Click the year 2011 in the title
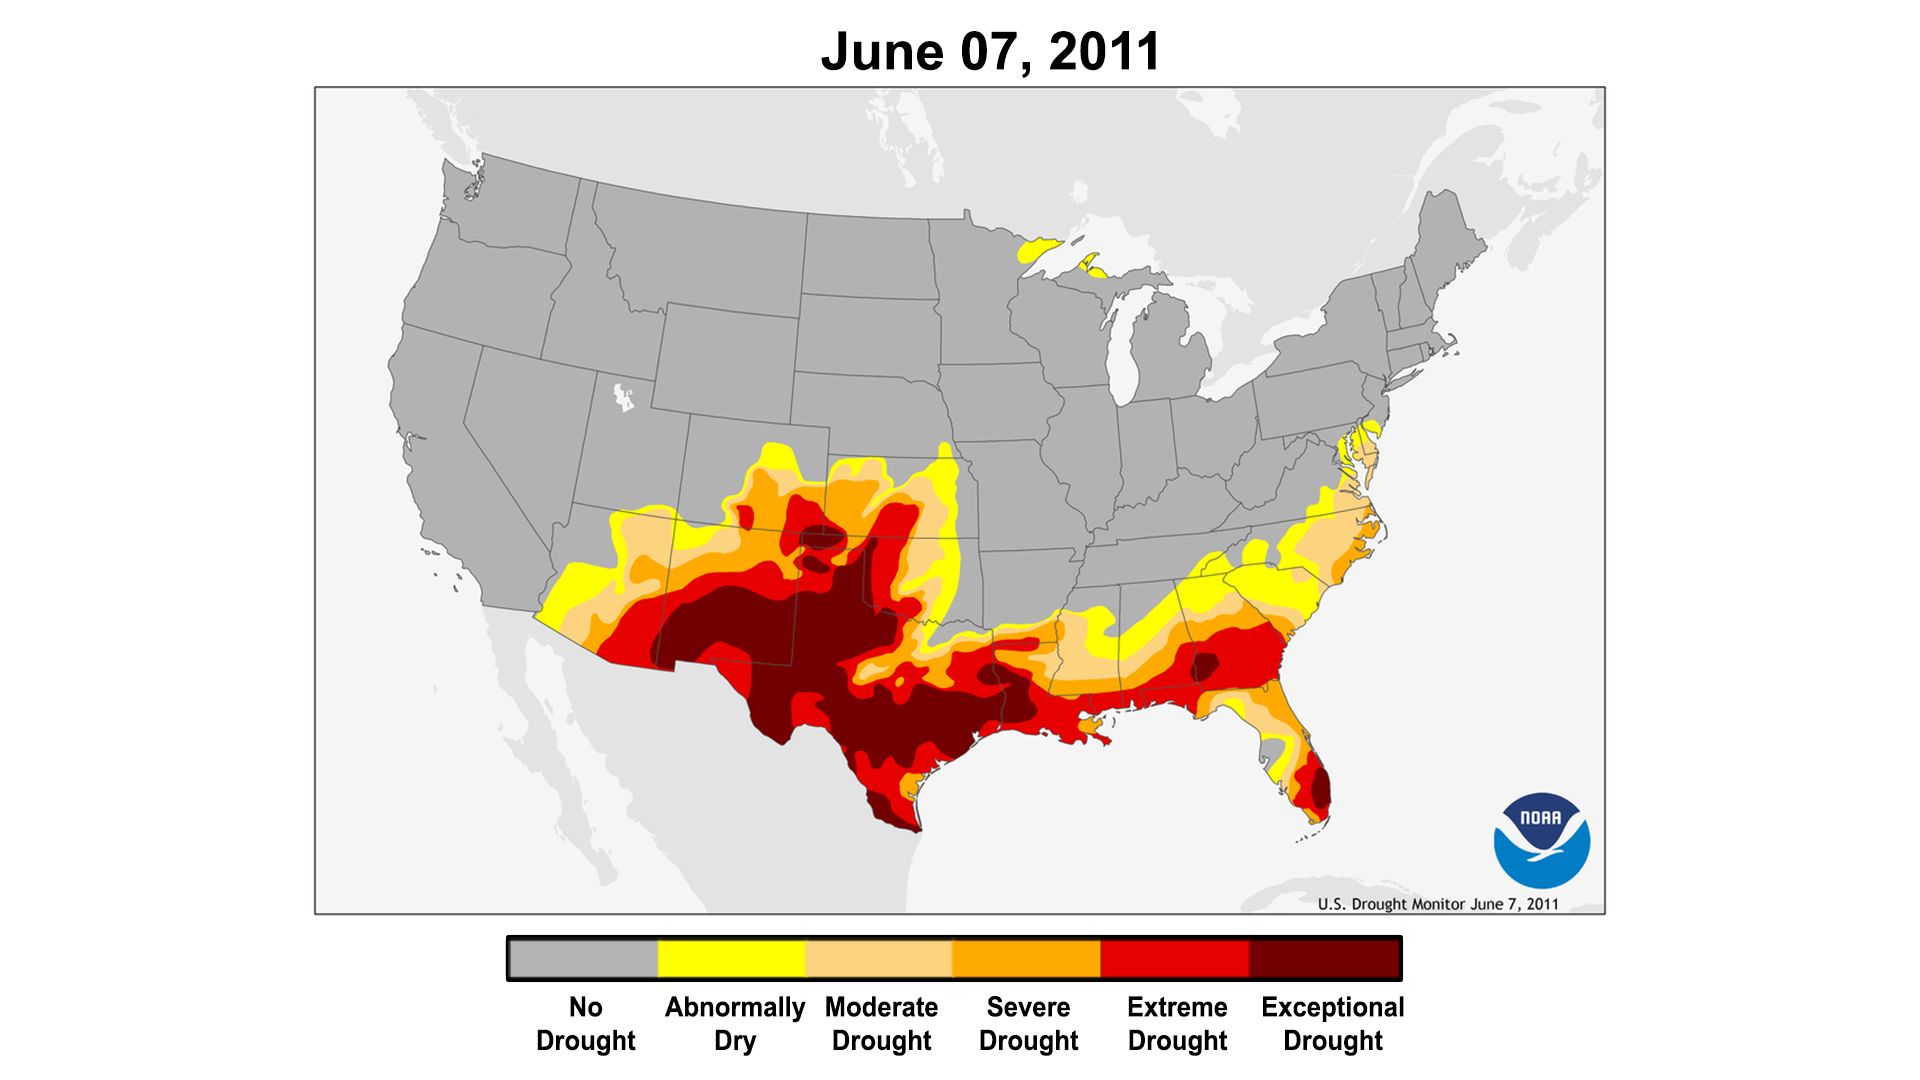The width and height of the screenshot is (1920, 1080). pos(1104,51)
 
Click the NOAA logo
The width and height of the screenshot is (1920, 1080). pos(1541,841)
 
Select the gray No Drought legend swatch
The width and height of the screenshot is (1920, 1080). pos(584,959)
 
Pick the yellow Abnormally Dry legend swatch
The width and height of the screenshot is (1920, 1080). pos(732,959)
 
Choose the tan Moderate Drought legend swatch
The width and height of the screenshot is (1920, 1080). pos(879,959)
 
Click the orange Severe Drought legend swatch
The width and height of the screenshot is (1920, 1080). pos(1027,959)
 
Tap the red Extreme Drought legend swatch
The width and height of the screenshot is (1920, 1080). pos(1175,959)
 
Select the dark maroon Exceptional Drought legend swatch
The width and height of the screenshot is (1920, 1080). pos(1324,959)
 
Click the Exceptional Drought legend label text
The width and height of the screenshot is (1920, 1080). pos(1332,1023)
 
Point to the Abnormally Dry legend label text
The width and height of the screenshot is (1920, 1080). pos(735,1023)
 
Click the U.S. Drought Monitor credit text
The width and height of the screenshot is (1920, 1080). pos(1437,904)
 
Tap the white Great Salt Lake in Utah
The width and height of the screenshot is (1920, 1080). pos(623,397)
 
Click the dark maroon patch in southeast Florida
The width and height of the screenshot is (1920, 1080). pos(1319,786)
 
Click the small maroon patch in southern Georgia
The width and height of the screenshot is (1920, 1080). pos(1204,667)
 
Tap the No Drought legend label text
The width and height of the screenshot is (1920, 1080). pos(585,1023)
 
